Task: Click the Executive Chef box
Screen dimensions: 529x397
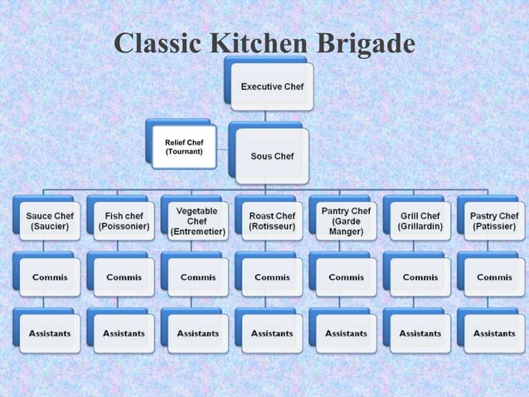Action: coord(271,86)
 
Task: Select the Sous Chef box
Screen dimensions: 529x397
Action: coord(271,155)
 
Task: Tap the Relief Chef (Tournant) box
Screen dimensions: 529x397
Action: coord(184,146)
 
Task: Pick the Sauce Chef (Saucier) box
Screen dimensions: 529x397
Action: coord(50,221)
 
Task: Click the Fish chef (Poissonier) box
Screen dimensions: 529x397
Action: coord(124,221)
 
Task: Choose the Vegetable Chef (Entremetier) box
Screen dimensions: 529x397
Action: coord(197,221)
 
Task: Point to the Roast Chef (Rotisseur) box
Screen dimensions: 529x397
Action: coord(272,221)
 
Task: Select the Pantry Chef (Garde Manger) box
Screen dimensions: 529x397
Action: coord(346,221)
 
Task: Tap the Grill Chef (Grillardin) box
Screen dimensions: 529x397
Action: coord(420,221)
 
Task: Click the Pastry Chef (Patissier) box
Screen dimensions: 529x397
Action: coord(494,221)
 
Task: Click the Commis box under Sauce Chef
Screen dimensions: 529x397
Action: coord(50,277)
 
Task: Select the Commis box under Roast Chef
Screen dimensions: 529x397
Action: coord(272,277)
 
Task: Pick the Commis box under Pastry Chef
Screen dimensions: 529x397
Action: coord(494,277)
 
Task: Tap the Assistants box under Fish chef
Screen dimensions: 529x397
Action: coord(124,333)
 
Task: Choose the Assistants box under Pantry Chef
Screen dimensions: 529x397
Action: coord(346,333)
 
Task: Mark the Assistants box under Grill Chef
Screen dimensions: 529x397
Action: coord(420,333)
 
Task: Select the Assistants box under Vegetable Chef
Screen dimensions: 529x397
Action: coord(197,333)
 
